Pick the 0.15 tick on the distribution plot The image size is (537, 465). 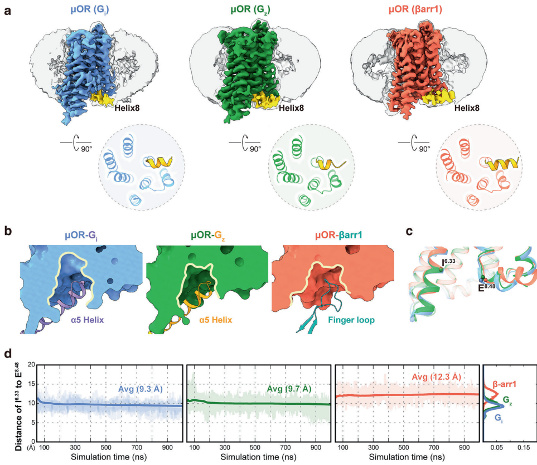[x=523, y=447]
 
